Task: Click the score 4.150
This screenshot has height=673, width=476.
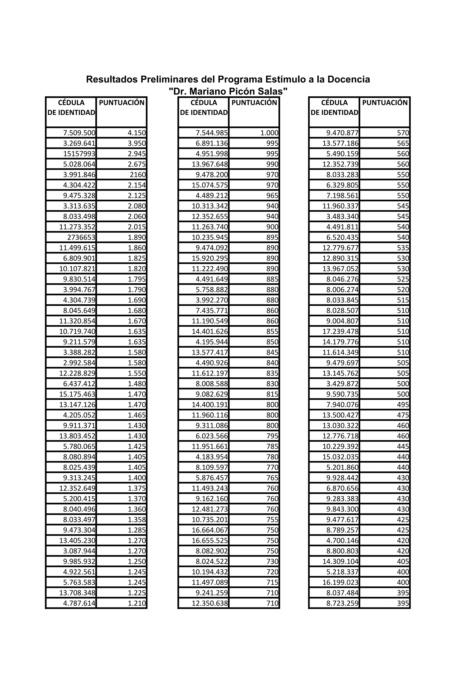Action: (x=137, y=133)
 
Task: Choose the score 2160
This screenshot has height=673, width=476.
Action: (x=138, y=175)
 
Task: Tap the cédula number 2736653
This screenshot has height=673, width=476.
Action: (x=81, y=237)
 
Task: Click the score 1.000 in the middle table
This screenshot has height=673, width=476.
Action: (x=269, y=133)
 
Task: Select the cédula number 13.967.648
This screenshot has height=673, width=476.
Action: (x=210, y=164)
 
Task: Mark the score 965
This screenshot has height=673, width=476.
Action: (x=272, y=196)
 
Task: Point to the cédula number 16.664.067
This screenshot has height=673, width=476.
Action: (x=210, y=530)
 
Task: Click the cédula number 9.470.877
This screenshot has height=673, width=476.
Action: (x=342, y=133)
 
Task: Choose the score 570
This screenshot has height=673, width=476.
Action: (x=403, y=133)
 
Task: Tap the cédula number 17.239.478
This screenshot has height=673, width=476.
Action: (x=340, y=331)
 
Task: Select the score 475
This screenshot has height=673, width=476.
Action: (x=403, y=415)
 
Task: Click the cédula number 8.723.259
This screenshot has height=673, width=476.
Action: (x=342, y=603)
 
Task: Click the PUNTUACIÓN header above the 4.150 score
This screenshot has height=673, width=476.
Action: (x=122, y=103)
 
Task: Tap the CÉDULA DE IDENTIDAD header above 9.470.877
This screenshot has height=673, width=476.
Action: (x=334, y=108)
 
